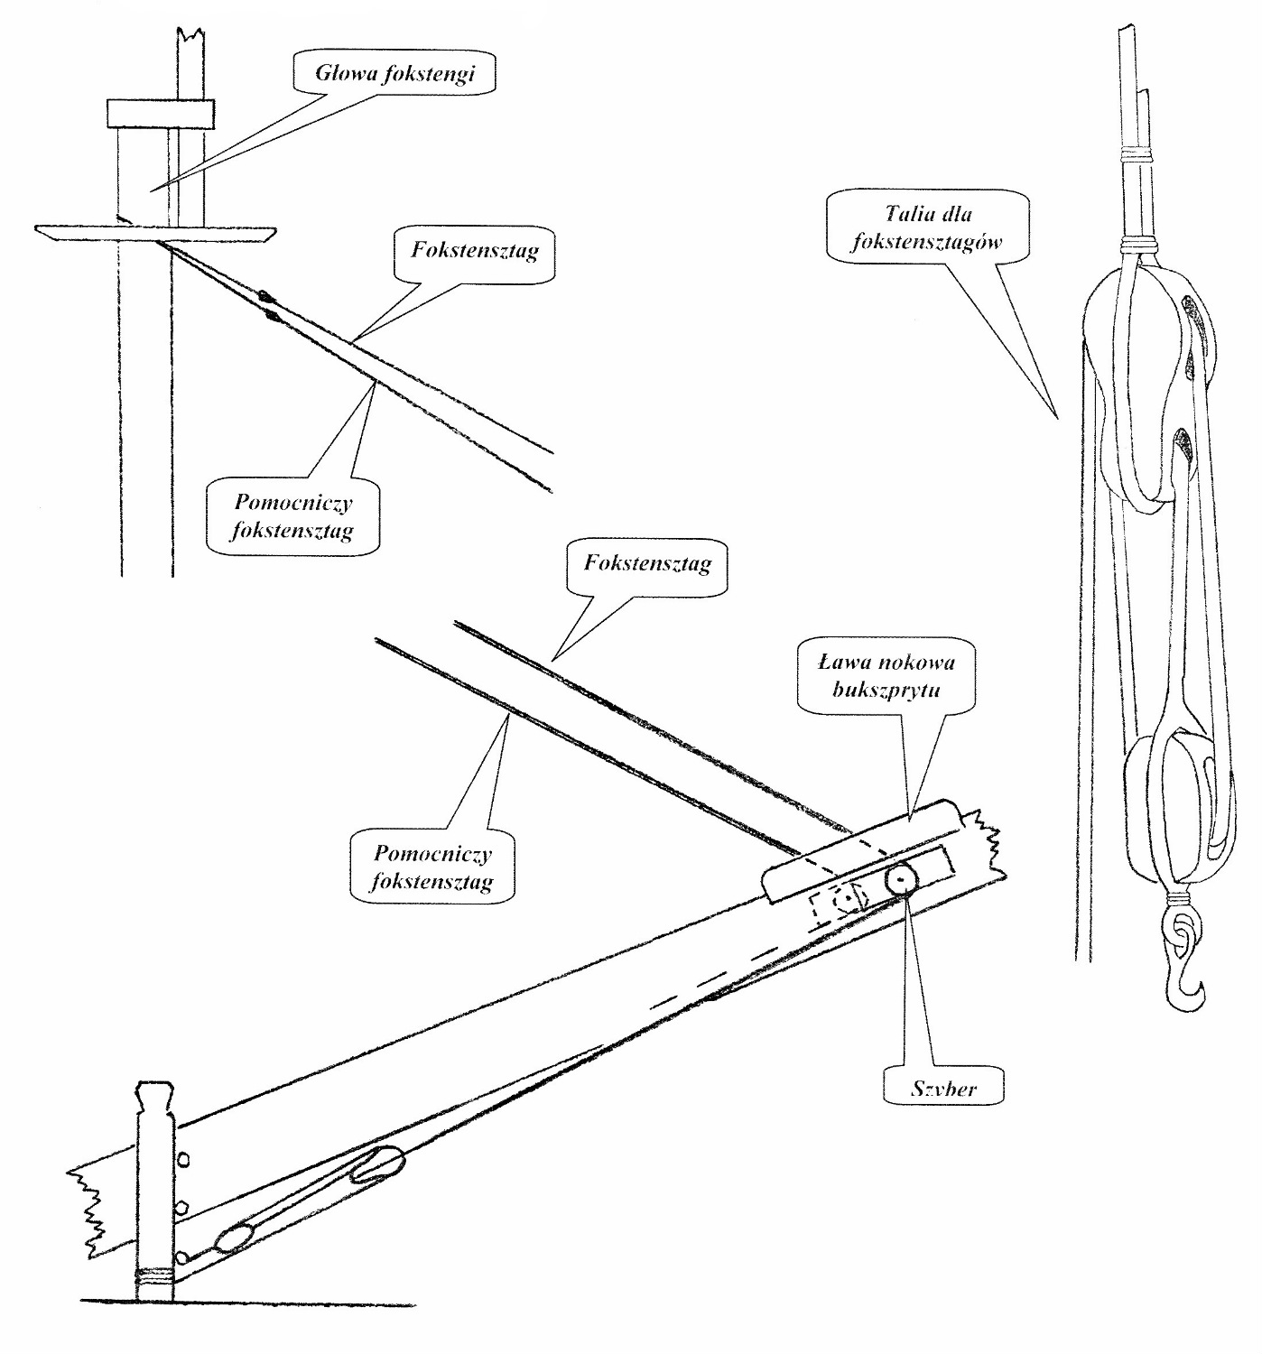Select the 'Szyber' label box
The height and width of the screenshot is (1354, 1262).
pyautogui.click(x=943, y=1090)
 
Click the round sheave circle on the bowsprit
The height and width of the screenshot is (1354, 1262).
pyautogui.click(x=901, y=879)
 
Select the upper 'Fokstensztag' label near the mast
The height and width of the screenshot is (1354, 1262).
pyautogui.click(x=475, y=251)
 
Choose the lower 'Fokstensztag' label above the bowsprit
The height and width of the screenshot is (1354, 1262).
pyautogui.click(x=647, y=565)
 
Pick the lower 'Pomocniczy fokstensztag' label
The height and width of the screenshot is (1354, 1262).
pyautogui.click(x=432, y=866)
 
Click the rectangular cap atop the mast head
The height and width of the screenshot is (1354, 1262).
pyautogui.click(x=160, y=114)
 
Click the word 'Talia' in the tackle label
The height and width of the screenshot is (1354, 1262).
pyautogui.click(x=905, y=217)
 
